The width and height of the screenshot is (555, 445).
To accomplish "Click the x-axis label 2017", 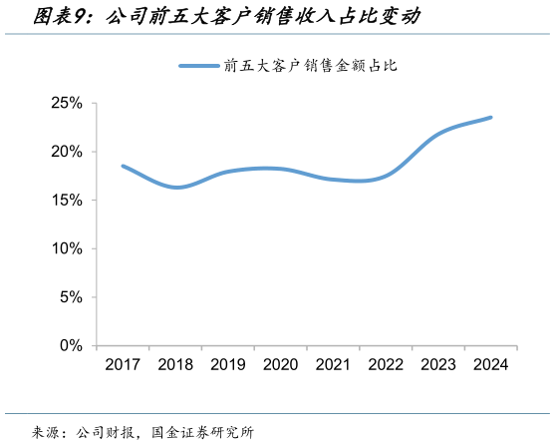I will click(x=123, y=365).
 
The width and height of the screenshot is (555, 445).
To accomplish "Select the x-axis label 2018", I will click(x=175, y=365).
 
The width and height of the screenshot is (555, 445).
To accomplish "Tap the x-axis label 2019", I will click(x=227, y=365).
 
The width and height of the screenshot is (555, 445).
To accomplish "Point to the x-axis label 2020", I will click(x=280, y=365).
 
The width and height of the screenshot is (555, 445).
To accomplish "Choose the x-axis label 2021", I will click(x=333, y=365).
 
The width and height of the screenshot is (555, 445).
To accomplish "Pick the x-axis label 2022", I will click(x=386, y=365).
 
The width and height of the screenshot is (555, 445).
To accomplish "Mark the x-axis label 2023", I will click(x=438, y=365).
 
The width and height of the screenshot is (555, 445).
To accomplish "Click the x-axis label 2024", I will click(x=490, y=365).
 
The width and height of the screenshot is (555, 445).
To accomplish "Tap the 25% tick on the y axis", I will click(x=68, y=103).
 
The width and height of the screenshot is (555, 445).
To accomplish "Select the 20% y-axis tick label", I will click(x=68, y=152).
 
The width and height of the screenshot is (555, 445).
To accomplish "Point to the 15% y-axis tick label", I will click(x=68, y=200).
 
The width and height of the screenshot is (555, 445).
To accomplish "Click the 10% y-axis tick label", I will click(x=68, y=248).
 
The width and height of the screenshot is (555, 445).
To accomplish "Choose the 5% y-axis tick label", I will click(x=72, y=296).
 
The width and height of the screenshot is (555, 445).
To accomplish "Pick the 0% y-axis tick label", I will click(x=72, y=345).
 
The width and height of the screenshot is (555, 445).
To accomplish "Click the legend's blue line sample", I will click(x=199, y=66).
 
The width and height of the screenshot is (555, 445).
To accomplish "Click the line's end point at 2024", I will click(x=490, y=118).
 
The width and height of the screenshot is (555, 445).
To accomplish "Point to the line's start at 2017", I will click(x=123, y=166).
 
